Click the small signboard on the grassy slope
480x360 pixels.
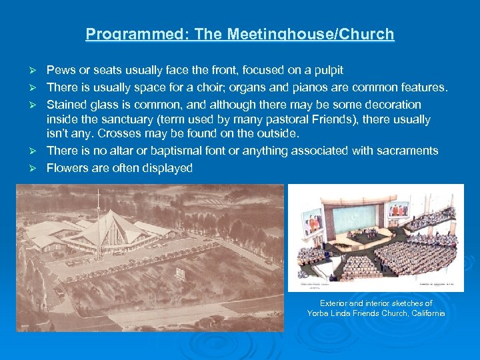click(x=180, y=273)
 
